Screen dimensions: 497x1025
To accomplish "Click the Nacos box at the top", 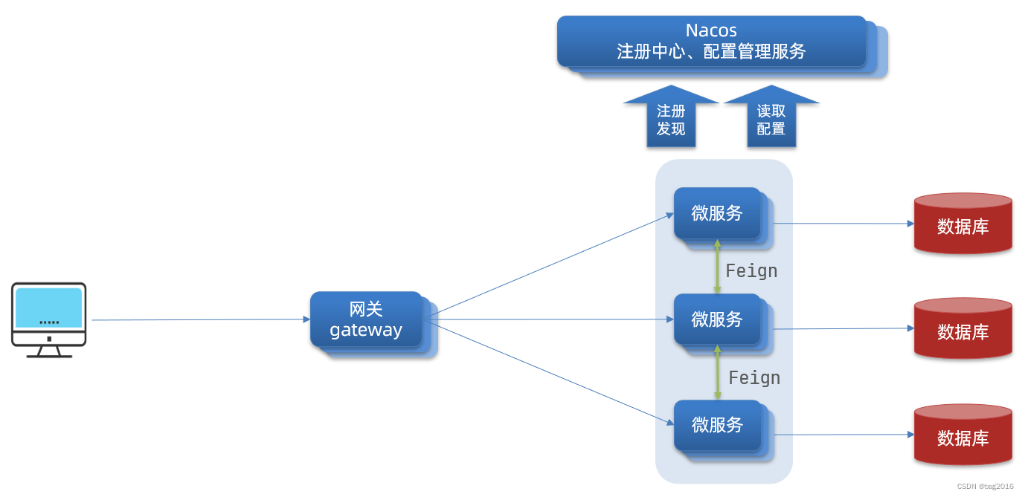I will (712, 42).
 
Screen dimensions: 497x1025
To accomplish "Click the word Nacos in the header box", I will (711, 30).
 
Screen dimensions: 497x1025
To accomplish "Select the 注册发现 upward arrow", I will (671, 119).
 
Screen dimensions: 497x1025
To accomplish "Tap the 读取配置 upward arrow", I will (771, 119).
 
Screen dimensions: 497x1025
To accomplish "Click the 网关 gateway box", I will (366, 320).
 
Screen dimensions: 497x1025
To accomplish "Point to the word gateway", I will (366, 331).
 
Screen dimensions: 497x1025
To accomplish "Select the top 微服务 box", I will (718, 213).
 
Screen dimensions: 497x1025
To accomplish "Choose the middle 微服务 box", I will (718, 319).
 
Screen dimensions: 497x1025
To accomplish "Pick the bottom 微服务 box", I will (718, 425).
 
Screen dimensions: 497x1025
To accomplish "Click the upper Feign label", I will (751, 271).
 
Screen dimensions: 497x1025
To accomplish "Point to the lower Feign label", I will (754, 378).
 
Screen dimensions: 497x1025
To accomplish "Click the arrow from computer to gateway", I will (201, 320).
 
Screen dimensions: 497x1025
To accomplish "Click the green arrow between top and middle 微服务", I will (717, 267).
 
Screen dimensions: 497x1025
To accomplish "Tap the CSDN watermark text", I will (985, 487).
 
